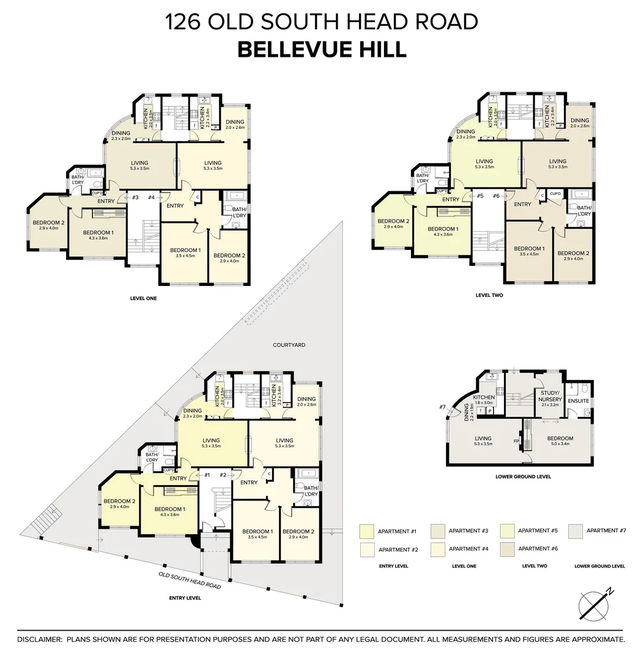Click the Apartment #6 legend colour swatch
(x=506, y=549)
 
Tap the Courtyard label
(x=289, y=345)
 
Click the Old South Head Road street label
(x=189, y=580)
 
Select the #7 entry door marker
(x=442, y=407)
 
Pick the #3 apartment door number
(x=135, y=197)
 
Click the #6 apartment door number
(x=496, y=196)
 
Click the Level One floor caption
(x=144, y=299)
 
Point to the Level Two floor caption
(x=489, y=295)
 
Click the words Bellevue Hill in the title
(x=322, y=50)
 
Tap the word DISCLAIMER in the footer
(x=40, y=639)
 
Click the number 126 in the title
(x=183, y=22)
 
